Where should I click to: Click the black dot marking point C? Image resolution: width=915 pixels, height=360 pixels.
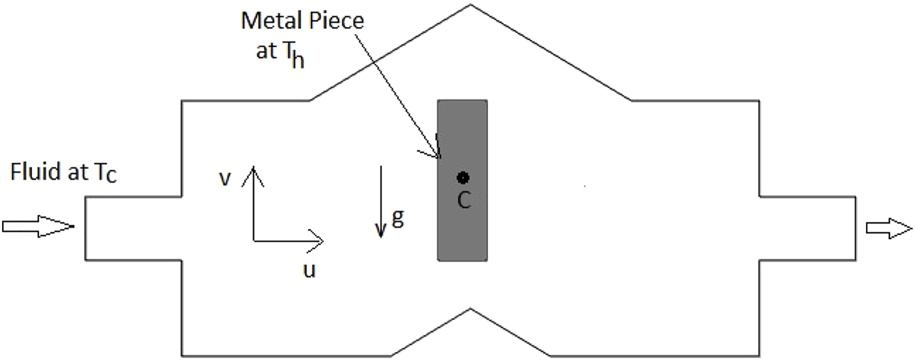point(463,177)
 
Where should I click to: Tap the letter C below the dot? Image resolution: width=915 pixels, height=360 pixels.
point(464,201)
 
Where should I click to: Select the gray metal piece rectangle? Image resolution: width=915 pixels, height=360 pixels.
point(462,228)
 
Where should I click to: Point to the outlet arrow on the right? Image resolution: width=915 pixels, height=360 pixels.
point(889,227)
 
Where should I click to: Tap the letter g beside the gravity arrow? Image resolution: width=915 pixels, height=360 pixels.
point(398,218)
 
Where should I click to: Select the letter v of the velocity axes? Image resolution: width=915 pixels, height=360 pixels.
point(225,178)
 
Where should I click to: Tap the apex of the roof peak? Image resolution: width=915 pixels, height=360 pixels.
point(470,5)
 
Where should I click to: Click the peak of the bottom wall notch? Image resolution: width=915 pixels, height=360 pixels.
point(470,309)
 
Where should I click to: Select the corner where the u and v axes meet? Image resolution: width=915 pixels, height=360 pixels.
point(253,241)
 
